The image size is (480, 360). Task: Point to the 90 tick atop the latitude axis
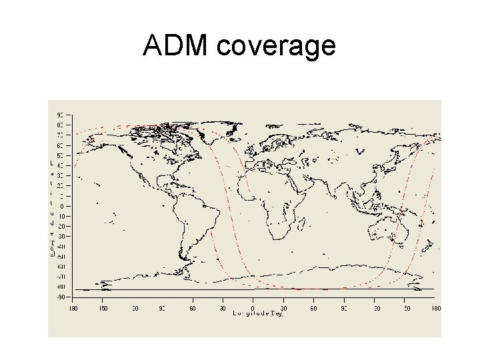coord(60,115)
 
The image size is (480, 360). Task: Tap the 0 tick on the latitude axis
coord(61,206)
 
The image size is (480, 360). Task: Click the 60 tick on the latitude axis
coord(60,145)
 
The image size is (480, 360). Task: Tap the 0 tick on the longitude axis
coord(253,308)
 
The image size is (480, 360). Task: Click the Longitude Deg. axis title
coord(258,314)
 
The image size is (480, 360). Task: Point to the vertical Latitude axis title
coord(53,207)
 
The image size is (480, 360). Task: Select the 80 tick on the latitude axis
coord(60,125)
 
